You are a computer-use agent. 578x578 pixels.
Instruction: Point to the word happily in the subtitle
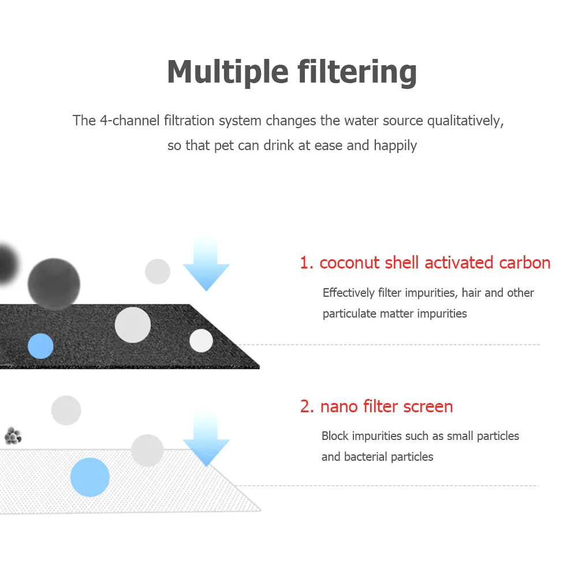pos(395,145)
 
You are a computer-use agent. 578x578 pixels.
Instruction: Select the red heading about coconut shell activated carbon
pos(425,263)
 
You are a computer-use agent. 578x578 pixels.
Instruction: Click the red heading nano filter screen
pos(376,407)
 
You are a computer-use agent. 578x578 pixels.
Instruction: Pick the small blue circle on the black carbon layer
pos(40,346)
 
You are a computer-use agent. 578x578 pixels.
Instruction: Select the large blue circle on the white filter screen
pos(90,478)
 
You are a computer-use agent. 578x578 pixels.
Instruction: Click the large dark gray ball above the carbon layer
pos(54,284)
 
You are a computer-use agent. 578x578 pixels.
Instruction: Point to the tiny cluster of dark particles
pos(13,435)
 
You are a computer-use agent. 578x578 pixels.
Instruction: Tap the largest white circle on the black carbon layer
pos(133,325)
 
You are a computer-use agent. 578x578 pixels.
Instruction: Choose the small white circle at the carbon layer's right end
pos(201,340)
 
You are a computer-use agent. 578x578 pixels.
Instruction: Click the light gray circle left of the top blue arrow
pos(158,271)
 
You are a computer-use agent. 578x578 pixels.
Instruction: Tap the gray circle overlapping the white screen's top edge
pos(147,450)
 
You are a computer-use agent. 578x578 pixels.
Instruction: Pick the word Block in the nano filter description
pos(335,436)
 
